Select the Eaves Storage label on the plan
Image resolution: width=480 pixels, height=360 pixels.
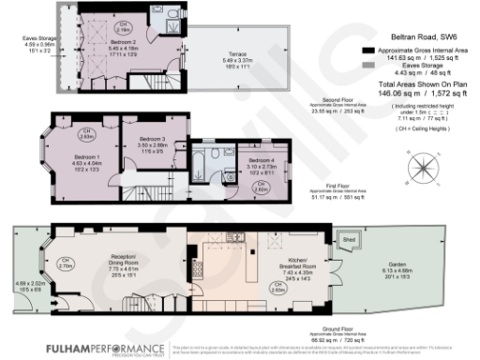tap(34, 38)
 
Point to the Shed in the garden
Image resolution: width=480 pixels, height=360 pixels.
tap(348, 239)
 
